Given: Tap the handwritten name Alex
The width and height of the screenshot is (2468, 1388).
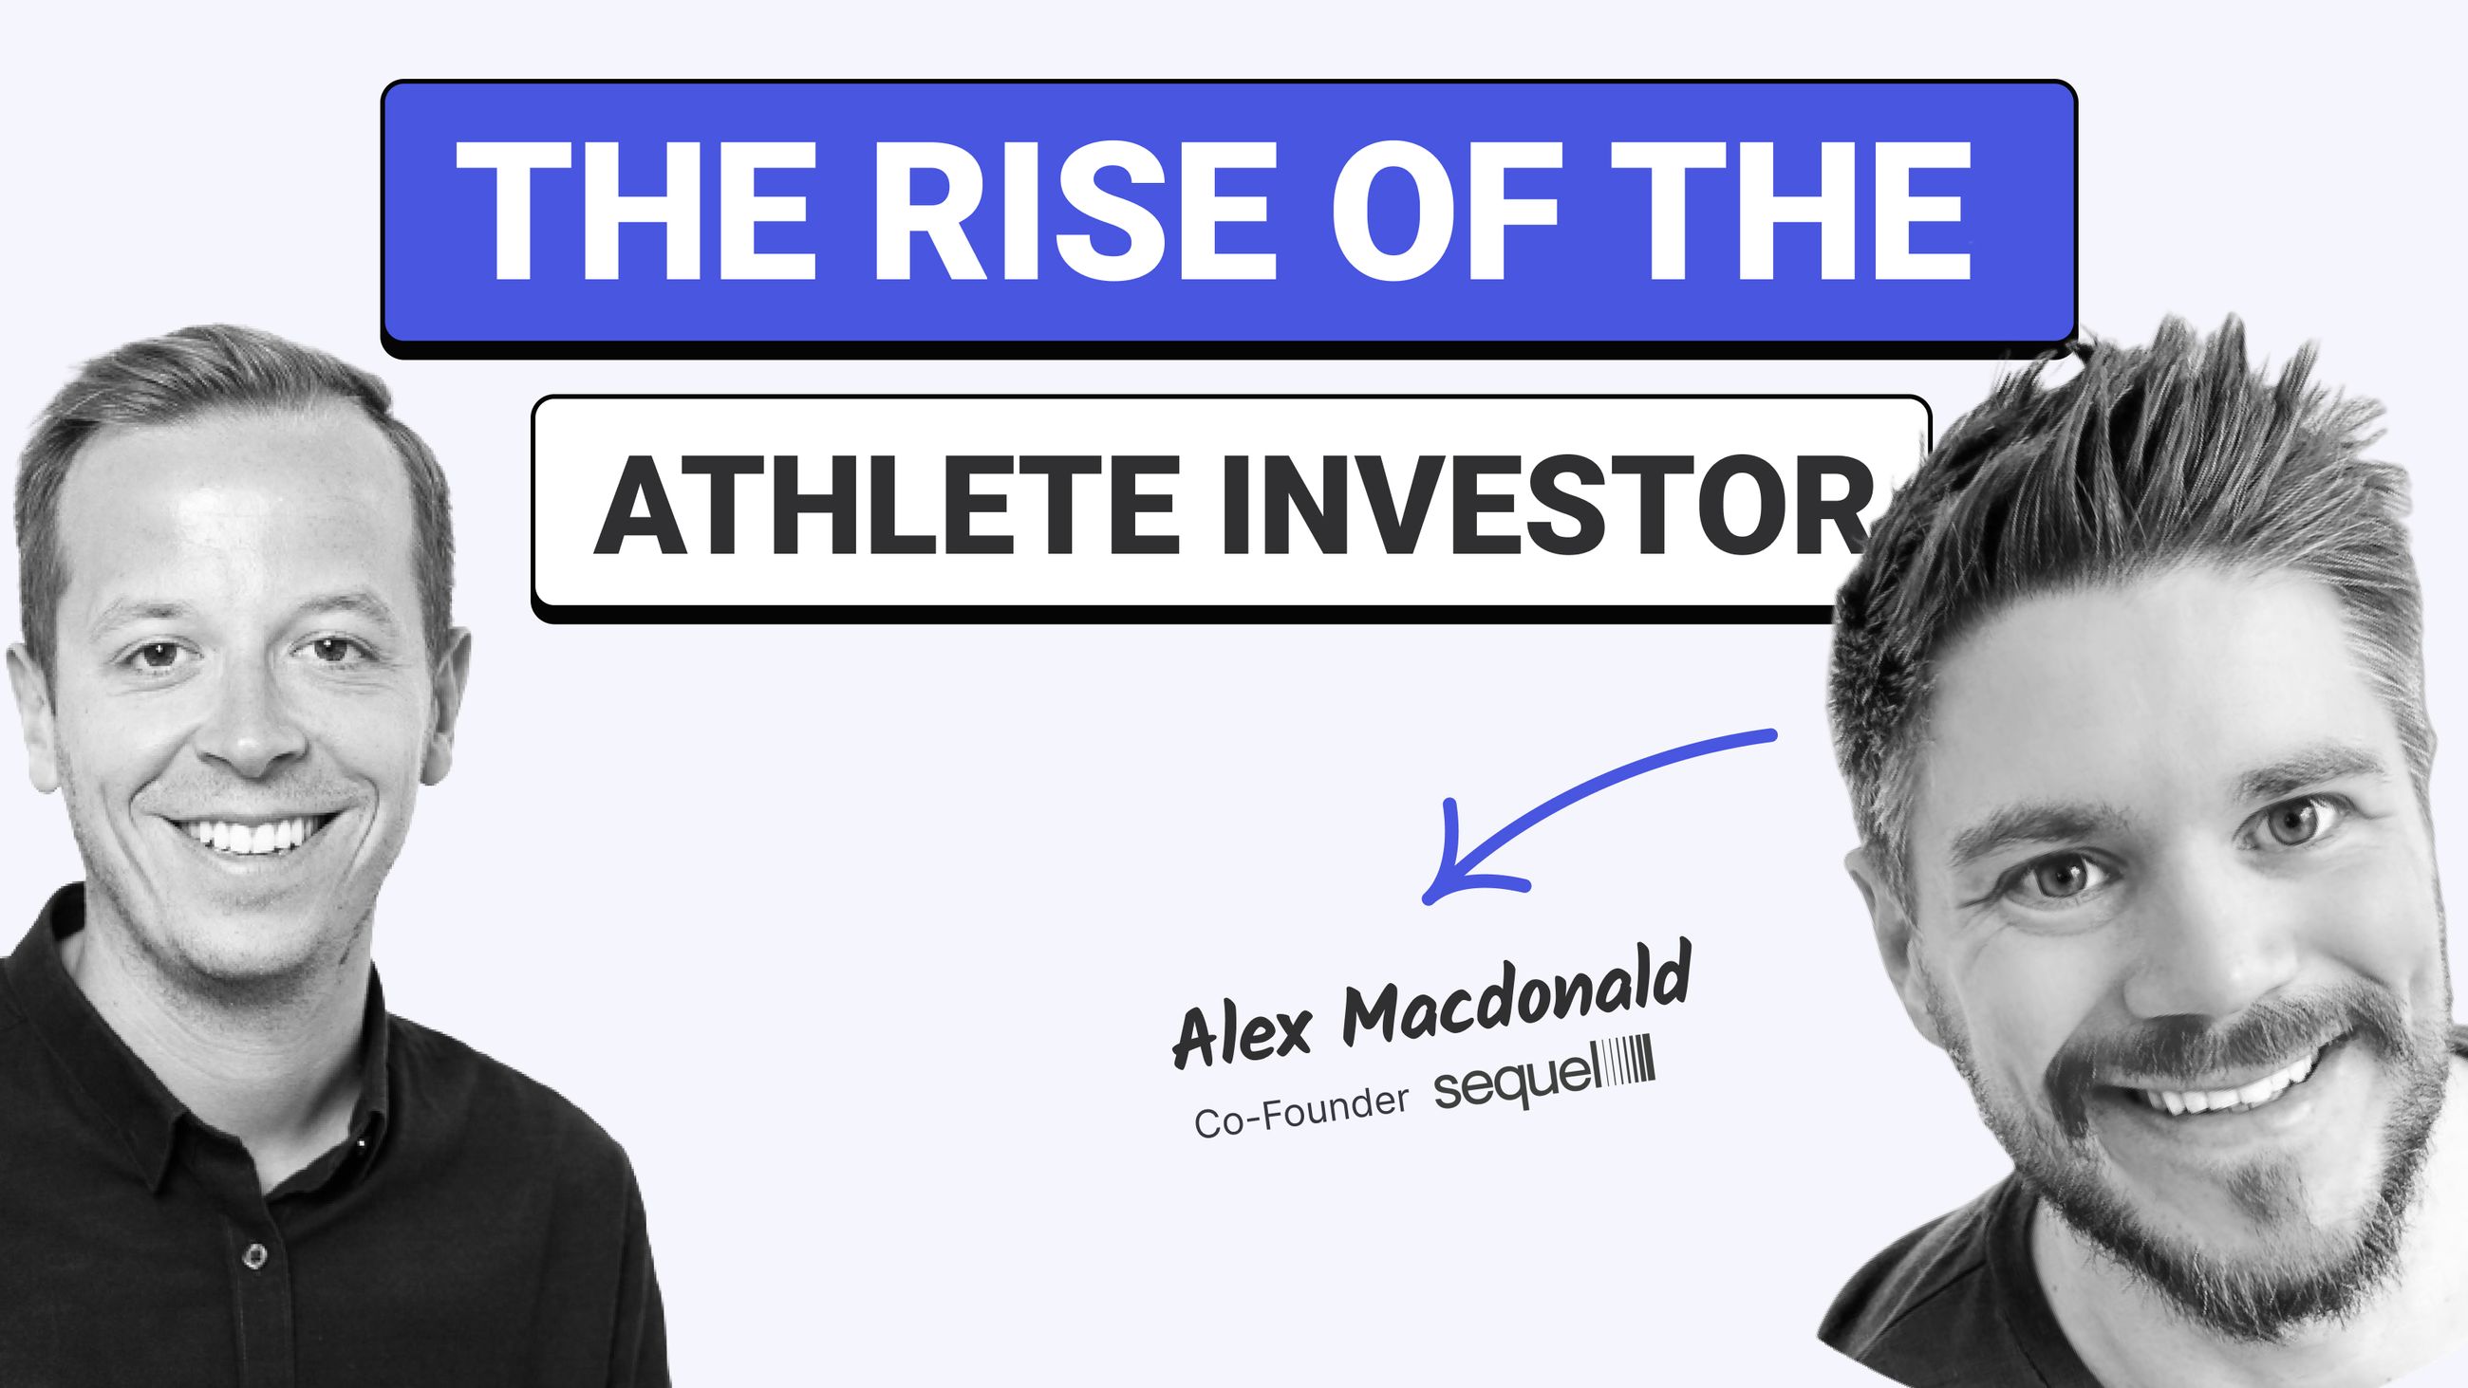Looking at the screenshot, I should (1243, 1032).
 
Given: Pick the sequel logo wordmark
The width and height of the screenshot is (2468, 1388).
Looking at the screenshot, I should (1514, 1080).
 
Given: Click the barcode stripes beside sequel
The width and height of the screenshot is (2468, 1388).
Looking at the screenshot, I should (1628, 1062).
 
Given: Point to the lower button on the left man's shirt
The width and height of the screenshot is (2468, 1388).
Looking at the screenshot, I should (253, 1255).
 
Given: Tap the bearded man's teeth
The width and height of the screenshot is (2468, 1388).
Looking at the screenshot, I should (2233, 1087).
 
